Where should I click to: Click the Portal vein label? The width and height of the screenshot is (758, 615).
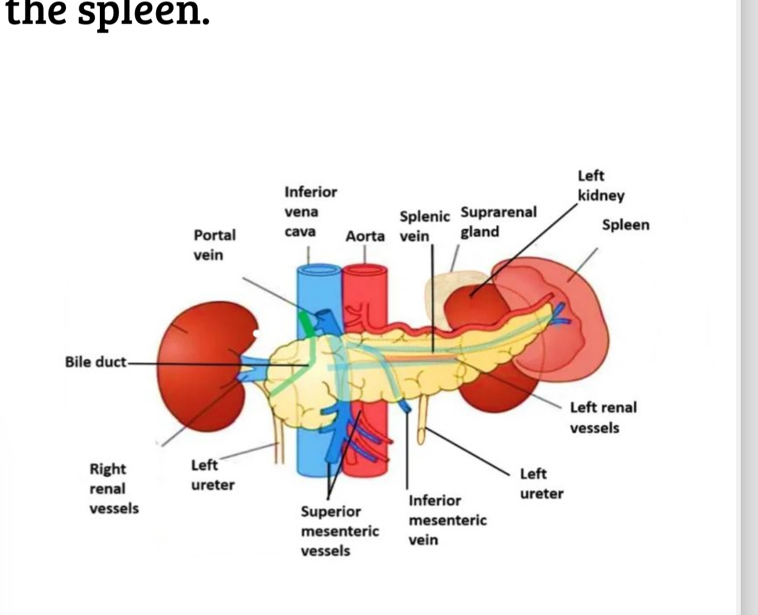click(214, 245)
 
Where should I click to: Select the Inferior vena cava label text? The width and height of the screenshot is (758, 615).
click(310, 212)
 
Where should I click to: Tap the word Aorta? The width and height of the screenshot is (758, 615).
click(365, 236)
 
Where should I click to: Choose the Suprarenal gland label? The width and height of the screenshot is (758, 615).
click(499, 221)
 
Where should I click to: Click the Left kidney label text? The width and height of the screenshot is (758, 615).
click(601, 186)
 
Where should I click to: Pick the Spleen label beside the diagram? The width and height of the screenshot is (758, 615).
click(625, 225)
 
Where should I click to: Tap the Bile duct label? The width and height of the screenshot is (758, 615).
click(95, 362)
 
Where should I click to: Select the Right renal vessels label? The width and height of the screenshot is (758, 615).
click(114, 489)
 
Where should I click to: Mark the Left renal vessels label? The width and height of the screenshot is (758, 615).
click(603, 417)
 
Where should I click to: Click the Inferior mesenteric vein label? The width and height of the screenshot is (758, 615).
click(448, 520)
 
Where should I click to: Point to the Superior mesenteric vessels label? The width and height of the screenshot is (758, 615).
click(339, 531)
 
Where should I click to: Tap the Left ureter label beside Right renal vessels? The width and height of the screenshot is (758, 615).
click(213, 475)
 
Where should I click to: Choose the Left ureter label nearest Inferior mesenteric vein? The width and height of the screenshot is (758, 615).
click(542, 484)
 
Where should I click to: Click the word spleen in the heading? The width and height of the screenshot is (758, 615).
click(144, 14)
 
